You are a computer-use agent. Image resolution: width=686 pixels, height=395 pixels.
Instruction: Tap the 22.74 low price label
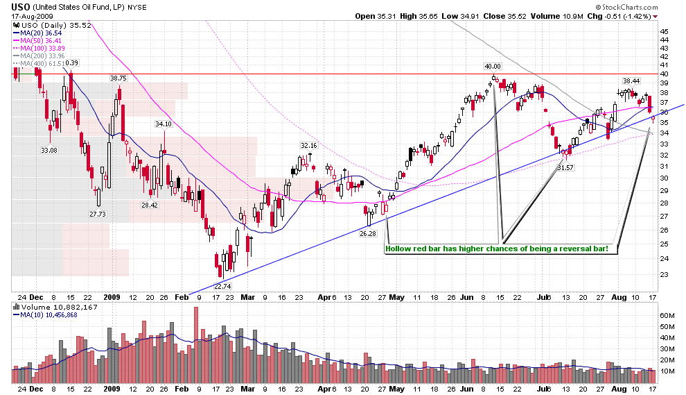(222, 285)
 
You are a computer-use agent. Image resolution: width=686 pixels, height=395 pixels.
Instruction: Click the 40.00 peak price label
(492, 67)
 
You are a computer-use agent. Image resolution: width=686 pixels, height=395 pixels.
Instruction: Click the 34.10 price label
(163, 124)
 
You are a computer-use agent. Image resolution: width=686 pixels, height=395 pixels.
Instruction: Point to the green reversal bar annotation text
(501, 249)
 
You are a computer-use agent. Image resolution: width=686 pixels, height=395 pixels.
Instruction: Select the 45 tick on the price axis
(665, 31)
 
